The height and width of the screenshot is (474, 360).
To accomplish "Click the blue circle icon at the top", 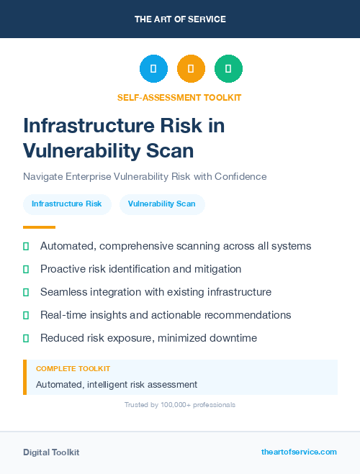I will click(153, 69).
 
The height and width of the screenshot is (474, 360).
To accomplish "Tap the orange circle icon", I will click(191, 69).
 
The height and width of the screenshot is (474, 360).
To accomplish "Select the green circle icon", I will click(228, 69).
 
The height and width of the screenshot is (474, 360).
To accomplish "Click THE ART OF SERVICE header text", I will click(180, 19).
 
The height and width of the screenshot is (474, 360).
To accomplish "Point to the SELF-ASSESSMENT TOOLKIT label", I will click(180, 97).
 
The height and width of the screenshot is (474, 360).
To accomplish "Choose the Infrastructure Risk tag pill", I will click(67, 204).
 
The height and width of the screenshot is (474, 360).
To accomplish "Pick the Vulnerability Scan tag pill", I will click(162, 204).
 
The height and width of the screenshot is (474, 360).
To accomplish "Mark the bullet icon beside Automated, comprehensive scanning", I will click(26, 246).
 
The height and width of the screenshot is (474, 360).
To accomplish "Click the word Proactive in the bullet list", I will click(64, 269).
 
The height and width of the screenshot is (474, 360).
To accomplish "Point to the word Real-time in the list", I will click(62, 315).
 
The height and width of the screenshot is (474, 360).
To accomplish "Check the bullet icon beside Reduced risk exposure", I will click(26, 338).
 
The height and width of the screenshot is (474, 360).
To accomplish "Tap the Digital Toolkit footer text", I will click(51, 452).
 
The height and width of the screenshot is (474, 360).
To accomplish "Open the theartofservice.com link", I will click(299, 452).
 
